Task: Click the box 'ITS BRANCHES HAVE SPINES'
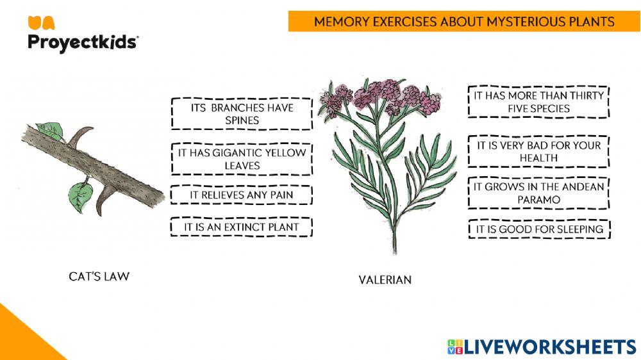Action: pos(242,114)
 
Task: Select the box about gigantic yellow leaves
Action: pos(242,159)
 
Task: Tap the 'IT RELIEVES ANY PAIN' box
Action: pos(242,194)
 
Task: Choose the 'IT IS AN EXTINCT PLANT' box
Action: pos(242,227)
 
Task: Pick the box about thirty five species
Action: pos(538,102)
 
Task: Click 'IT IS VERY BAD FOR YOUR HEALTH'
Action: pos(538,151)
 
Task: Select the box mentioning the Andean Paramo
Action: pos(538,193)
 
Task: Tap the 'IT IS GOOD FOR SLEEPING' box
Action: pos(538,229)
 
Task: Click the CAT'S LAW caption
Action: pos(99,277)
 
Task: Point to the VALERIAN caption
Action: pos(385,280)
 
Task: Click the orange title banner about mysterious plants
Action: pos(464,22)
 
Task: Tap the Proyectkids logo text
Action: pos(82,42)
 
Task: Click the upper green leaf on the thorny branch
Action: pos(50,131)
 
